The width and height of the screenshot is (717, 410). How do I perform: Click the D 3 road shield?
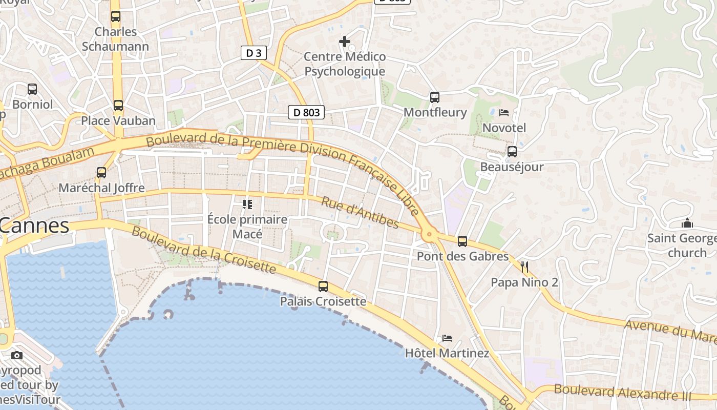254,52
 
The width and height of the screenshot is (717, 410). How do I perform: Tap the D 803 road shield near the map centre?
306,112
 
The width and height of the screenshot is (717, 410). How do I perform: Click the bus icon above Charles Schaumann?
116,16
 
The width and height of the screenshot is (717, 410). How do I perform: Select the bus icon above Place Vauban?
118,106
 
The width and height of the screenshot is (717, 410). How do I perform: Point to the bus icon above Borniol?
32,89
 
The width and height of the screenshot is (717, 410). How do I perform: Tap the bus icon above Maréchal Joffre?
101,173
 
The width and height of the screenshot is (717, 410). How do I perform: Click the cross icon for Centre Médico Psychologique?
345,42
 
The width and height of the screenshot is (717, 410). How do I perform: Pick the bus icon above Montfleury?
435,97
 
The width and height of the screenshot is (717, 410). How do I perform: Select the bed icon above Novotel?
504,112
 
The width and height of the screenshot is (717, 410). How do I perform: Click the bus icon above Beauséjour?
512,152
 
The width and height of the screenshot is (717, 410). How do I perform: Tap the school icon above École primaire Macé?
247,204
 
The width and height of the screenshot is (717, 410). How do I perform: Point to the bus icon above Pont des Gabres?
462,241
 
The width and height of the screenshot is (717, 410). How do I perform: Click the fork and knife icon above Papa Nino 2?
524,267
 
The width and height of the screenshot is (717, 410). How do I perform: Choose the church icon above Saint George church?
687,223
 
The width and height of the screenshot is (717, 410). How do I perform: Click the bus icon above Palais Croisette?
323,286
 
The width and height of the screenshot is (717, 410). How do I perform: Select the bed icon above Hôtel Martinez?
447,338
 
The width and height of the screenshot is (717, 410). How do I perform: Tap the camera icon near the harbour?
17,355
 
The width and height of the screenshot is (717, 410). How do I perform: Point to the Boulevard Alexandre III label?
622,393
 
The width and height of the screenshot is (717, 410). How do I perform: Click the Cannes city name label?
35,225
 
